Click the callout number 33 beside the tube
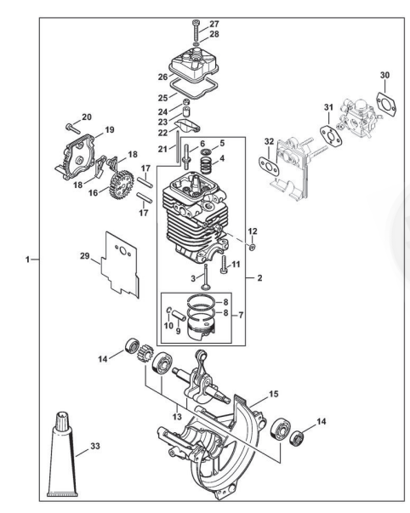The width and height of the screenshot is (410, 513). coord(95,446)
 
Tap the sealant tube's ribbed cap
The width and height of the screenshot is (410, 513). coord(62,421)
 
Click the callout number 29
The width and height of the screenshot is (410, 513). coord(85,255)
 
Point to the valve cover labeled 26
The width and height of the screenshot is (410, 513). coord(194,64)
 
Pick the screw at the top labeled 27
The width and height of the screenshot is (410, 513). coord(196,31)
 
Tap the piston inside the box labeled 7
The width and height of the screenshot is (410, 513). coord(200,330)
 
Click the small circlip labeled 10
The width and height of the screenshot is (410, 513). coord(168,310)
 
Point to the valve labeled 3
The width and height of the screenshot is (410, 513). coord(206,276)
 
